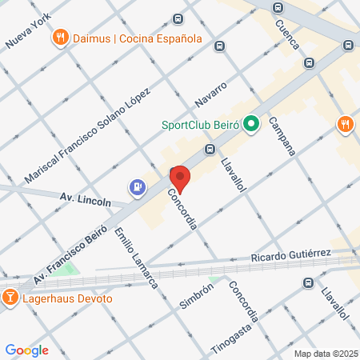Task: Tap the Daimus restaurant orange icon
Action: [60, 38]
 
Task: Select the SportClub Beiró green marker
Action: [250, 124]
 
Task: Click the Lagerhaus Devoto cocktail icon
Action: [10, 298]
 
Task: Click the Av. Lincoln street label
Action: [86, 198]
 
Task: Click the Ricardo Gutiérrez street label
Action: [290, 256]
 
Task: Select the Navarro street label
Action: [212, 94]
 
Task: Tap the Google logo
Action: [26, 350]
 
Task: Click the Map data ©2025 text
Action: [326, 353]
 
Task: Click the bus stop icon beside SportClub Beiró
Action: [210, 149]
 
